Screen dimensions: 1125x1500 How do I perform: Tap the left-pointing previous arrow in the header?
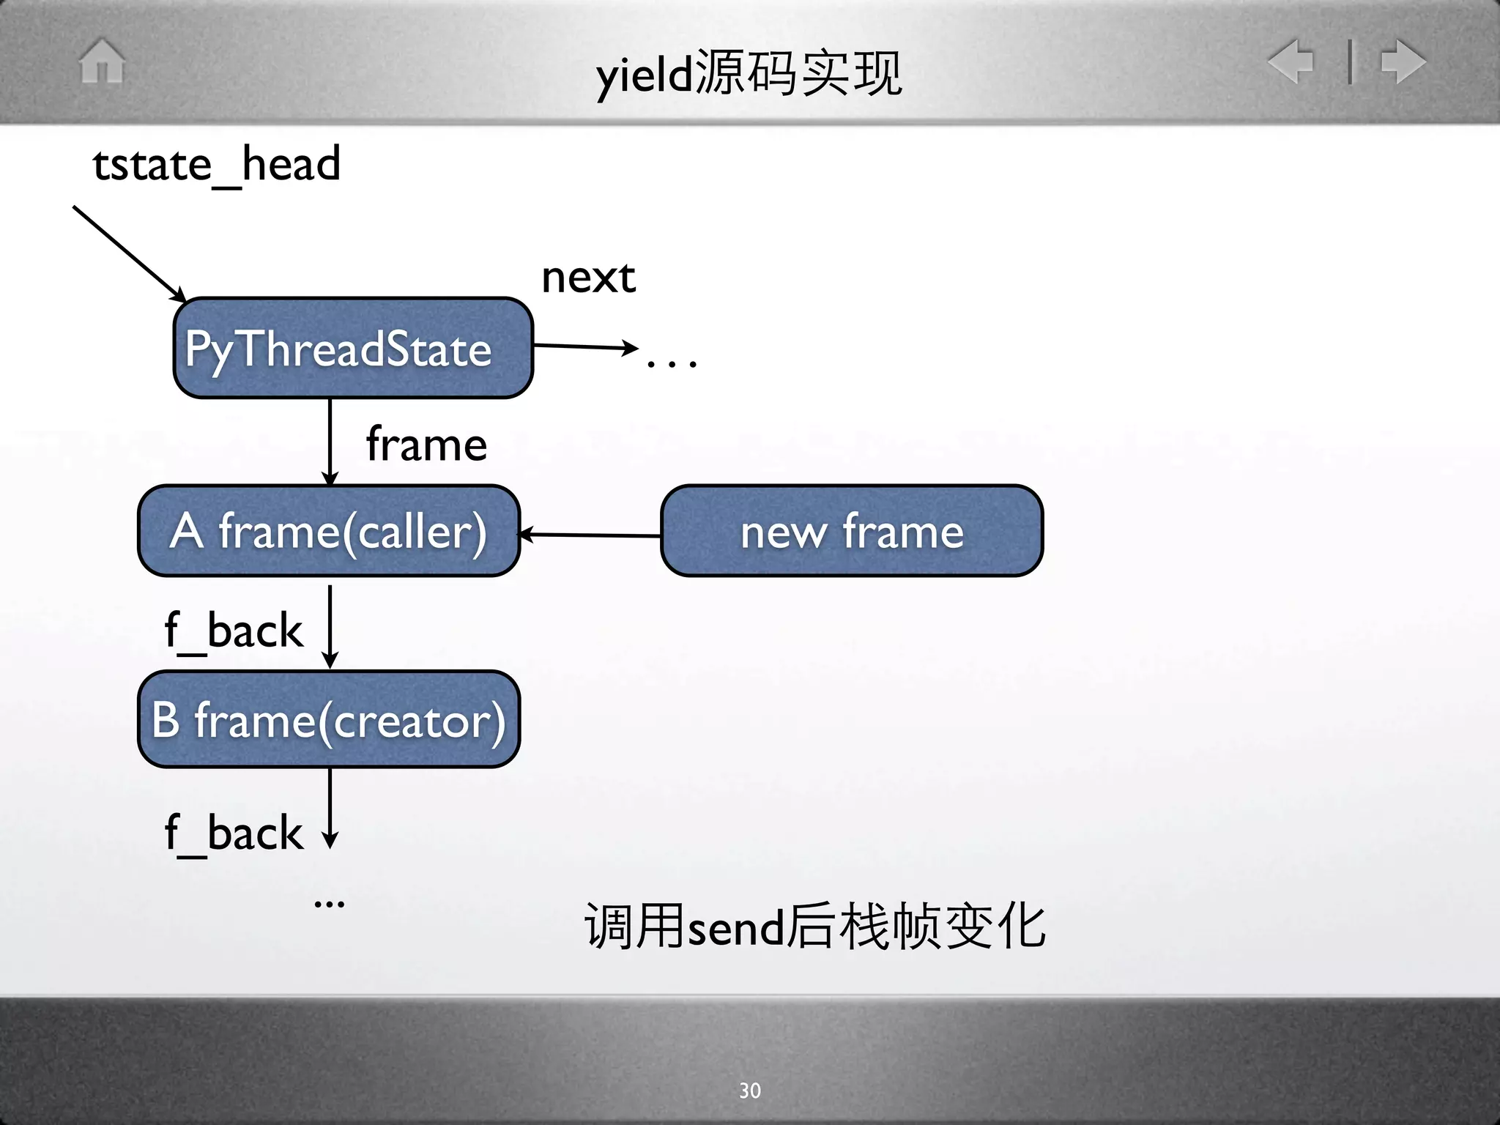(1291, 61)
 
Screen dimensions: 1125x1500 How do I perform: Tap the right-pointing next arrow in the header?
(1403, 61)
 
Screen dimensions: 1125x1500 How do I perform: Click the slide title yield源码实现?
(749, 74)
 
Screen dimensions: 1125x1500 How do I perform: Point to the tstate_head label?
(217, 164)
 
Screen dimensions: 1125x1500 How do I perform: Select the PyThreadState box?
(353, 348)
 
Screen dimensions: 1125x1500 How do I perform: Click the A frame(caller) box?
(329, 531)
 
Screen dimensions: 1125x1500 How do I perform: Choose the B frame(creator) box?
(329, 719)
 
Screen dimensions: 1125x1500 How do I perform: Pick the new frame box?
(852, 531)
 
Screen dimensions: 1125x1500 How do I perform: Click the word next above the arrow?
(588, 278)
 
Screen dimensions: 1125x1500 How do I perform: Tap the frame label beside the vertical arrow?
(426, 444)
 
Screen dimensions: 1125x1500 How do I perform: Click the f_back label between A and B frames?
(234, 631)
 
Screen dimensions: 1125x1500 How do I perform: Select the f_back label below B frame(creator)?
(234, 833)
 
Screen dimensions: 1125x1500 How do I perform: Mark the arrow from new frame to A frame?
(590, 535)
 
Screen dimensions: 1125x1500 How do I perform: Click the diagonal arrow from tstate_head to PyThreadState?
(129, 253)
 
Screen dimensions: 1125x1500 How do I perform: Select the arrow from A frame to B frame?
(330, 626)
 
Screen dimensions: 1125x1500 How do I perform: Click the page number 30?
(750, 1091)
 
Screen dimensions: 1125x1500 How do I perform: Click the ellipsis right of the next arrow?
(672, 362)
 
